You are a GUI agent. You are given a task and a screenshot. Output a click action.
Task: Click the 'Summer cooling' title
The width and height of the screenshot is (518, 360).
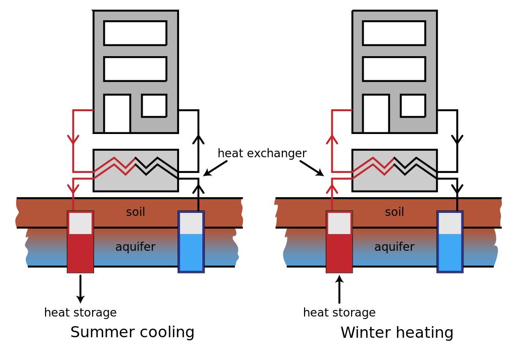coord(132,332)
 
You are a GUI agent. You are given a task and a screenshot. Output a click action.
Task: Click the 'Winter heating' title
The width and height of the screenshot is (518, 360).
coord(397,333)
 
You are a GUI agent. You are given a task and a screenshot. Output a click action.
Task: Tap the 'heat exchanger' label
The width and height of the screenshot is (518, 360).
coord(262,153)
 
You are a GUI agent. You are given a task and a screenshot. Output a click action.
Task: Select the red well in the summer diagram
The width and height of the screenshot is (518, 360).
coord(80,242)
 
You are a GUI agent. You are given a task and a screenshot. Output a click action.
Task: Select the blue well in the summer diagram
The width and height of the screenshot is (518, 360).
coord(191,242)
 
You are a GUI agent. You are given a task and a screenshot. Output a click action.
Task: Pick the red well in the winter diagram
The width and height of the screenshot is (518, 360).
coord(339,242)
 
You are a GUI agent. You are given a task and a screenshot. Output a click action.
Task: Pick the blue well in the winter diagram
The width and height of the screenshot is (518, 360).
coord(450,242)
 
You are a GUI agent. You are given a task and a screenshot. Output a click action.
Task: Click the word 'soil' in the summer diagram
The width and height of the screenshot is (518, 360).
coord(136,212)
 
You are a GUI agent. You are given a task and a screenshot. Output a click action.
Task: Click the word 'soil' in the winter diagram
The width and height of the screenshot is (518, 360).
coord(395,212)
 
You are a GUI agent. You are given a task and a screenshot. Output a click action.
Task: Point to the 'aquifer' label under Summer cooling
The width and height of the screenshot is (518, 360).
coord(135,247)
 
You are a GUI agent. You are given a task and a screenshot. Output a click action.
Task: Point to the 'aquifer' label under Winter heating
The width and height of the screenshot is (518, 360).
coord(394,247)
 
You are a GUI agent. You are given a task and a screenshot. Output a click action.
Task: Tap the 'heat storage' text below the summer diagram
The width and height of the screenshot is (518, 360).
coord(80,312)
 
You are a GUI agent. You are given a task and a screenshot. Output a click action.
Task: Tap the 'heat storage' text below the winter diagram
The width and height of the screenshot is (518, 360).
coord(339,312)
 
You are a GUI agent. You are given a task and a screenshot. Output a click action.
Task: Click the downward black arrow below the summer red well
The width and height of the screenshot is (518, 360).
coord(80,289)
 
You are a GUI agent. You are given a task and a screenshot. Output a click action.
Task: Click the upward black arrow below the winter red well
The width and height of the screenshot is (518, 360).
coord(339,289)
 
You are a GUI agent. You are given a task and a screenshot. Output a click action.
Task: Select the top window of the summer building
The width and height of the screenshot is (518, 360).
coord(135,33)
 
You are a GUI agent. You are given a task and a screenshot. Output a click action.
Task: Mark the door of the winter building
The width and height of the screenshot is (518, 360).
coord(376,114)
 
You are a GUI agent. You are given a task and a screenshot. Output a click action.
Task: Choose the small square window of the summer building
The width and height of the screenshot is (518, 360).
coord(154,106)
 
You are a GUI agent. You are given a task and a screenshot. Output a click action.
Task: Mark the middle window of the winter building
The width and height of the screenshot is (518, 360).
coord(394,69)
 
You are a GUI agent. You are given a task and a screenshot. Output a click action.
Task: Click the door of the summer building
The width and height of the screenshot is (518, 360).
coord(117,114)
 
